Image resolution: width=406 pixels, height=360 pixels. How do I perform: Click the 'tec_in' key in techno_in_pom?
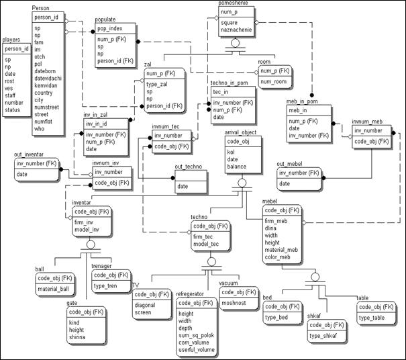pyautogui.click(x=221, y=92)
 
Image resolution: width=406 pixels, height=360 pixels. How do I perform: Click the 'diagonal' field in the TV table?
pyautogui.click(x=148, y=305)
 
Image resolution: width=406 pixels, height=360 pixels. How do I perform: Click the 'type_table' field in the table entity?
pyautogui.click(x=372, y=317)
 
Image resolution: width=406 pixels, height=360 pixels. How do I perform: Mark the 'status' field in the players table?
pyautogui.click(x=13, y=109)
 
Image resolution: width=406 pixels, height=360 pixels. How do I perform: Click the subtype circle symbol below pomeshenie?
pyautogui.click(x=235, y=44)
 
